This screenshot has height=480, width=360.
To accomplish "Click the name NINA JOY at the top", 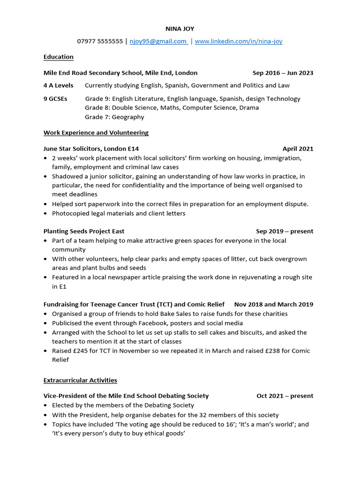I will pos(180,29).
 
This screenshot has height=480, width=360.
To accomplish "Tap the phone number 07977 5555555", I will pos(100,41).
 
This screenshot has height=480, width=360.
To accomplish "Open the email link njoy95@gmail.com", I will pos(158,41).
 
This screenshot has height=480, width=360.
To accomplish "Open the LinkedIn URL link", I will pos(238,41).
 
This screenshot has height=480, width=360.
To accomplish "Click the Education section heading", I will pos(59,57).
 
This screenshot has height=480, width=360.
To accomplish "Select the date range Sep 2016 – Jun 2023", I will pos(283,73).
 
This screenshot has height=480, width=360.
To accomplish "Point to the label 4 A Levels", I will pos(59,85).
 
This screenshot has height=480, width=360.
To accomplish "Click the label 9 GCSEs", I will pos(55,98).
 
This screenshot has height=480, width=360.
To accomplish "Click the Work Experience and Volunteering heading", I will pos(96,133).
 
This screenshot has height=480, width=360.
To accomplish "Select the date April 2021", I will pos(298,149).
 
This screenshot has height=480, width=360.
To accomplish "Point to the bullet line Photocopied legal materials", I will pos(119,213).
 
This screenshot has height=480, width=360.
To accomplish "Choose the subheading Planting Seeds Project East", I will pos(84,231).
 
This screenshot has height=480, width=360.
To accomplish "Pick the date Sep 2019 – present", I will pos(285,231).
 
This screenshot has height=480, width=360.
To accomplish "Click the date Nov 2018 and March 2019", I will pos(274,304).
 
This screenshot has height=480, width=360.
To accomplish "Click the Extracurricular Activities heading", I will pos(80,380).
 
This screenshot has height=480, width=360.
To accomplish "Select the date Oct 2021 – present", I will pos(285,396).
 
